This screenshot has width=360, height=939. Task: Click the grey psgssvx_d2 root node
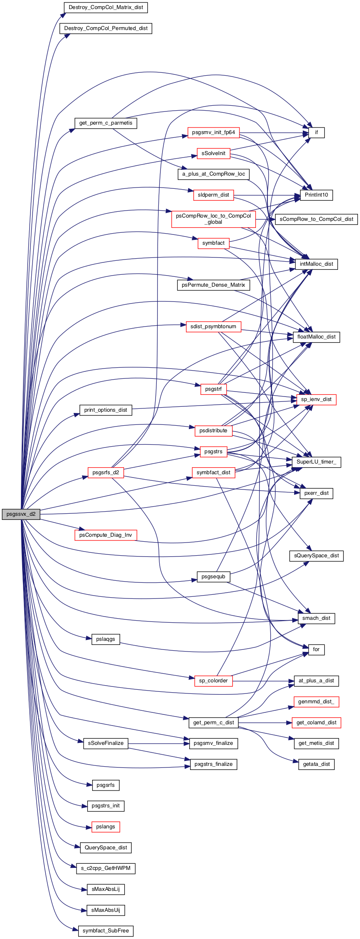click(21, 514)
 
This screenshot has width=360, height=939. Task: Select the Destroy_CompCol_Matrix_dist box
click(106, 7)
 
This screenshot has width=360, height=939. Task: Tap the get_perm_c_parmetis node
click(106, 123)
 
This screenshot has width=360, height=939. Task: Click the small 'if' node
click(316, 132)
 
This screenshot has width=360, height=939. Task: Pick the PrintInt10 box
click(316, 195)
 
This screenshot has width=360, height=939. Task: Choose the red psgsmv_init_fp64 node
click(214, 132)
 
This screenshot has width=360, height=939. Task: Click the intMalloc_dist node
click(316, 264)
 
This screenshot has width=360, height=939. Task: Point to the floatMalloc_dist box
click(316, 337)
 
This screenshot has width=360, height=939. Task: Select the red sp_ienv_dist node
click(316, 399)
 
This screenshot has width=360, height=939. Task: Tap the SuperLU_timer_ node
click(316, 462)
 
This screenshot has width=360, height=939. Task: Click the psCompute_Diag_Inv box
click(106, 535)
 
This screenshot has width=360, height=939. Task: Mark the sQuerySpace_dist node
click(316, 556)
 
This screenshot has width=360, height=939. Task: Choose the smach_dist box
click(316, 618)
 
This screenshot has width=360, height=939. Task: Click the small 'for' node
click(316, 649)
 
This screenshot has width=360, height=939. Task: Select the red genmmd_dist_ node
click(316, 702)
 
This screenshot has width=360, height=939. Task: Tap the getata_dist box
click(316, 764)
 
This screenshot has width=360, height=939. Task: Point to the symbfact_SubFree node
click(106, 931)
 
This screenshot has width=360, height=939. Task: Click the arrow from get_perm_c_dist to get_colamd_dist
click(265, 723)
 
